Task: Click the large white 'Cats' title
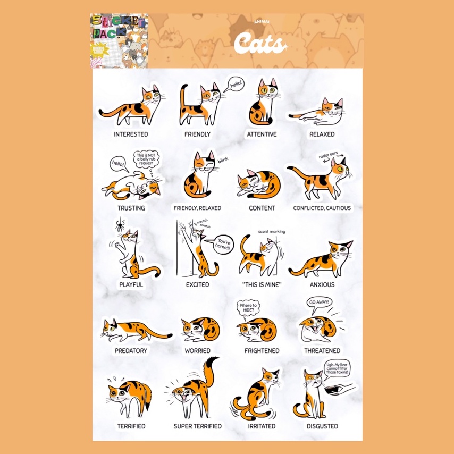tap(260, 44)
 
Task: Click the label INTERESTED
tap(131, 134)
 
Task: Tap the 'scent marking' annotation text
tap(271, 232)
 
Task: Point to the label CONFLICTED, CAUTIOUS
tap(322, 208)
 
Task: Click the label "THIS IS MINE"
tap(262, 284)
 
